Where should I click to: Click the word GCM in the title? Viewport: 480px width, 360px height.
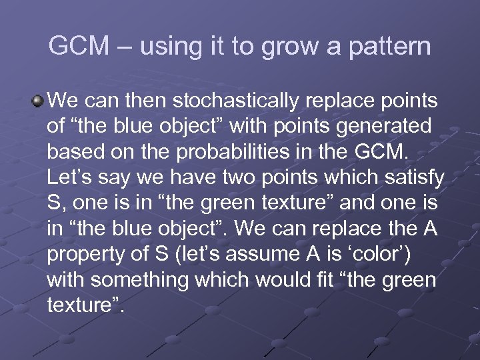(x=75, y=47)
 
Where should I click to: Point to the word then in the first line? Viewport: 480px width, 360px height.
(x=147, y=101)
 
